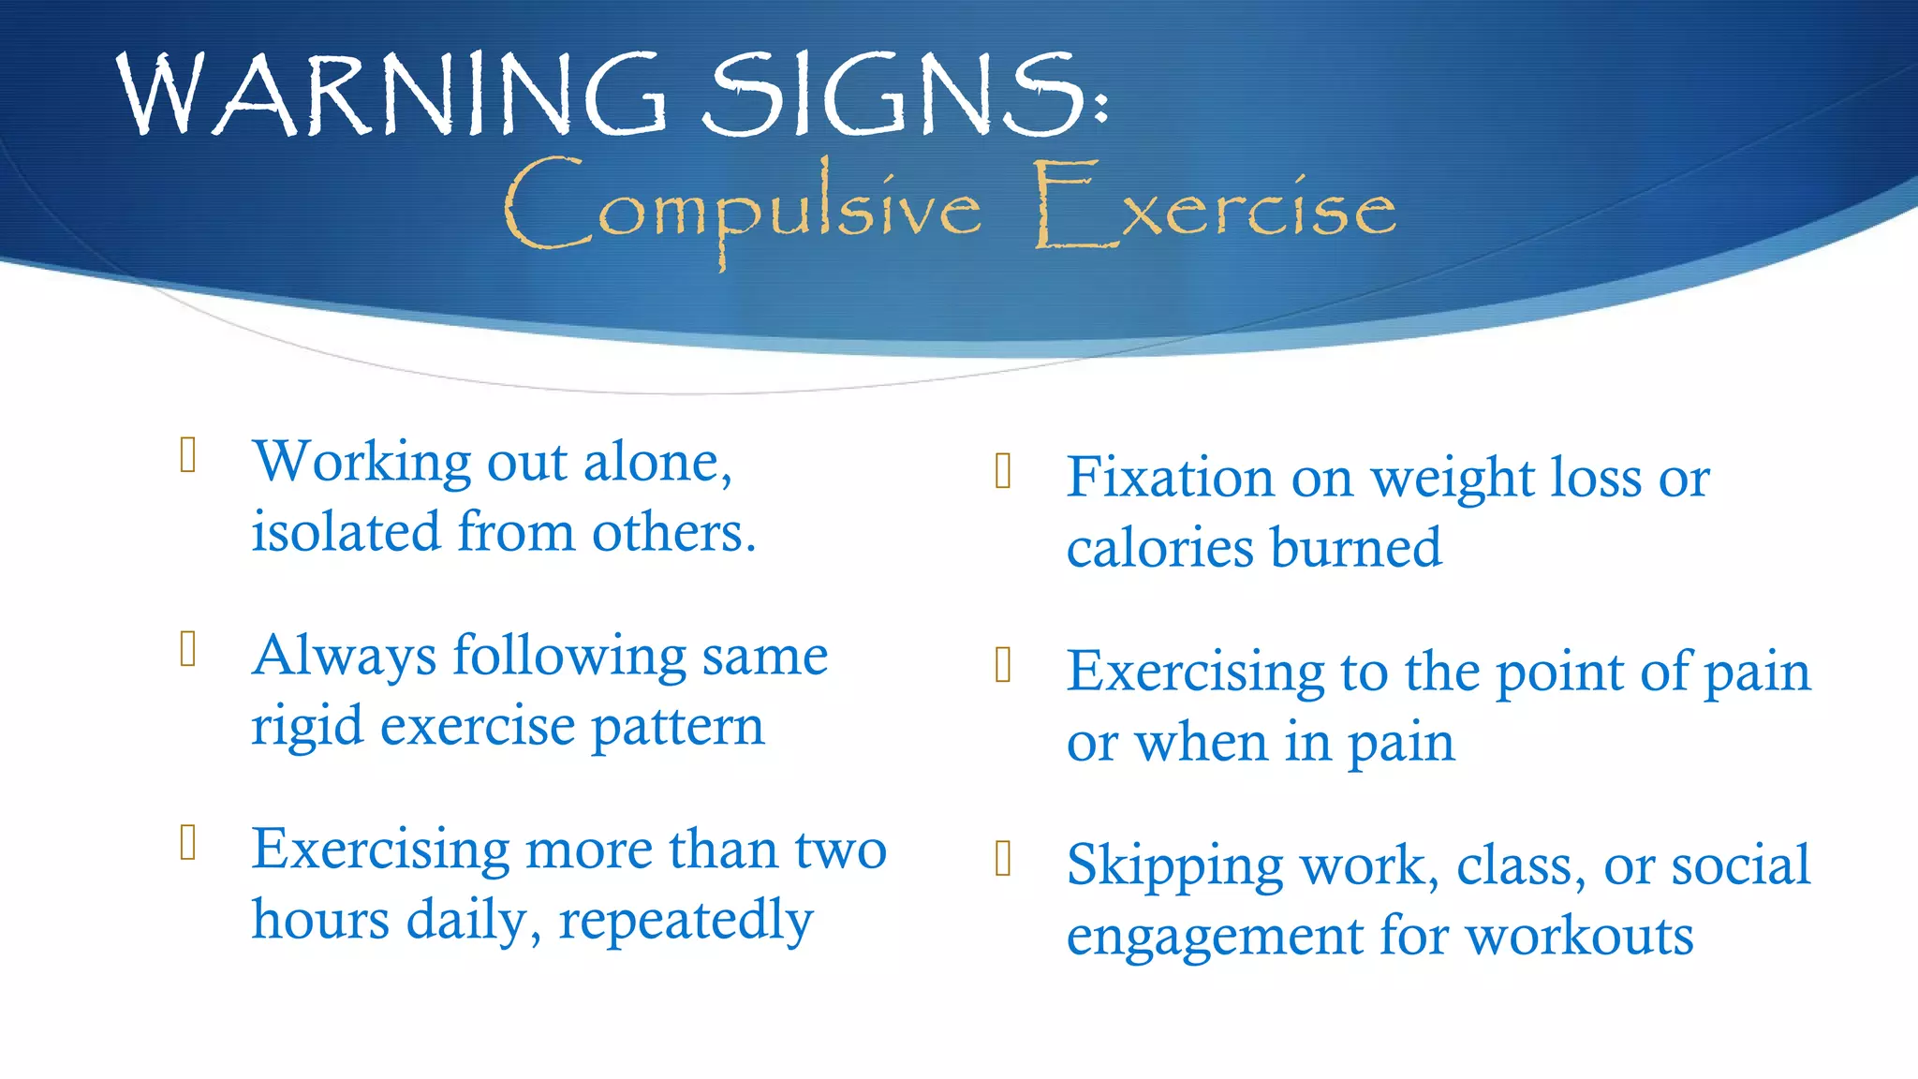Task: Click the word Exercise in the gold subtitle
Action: coord(1215,208)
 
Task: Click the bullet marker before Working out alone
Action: coord(188,455)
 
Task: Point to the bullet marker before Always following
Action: coord(188,648)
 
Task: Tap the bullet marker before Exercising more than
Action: coord(188,842)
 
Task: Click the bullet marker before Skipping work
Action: coord(1003,858)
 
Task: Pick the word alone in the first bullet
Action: coord(657,463)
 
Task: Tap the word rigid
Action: coord(306,727)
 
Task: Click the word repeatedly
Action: coord(686,921)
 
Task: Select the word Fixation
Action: coord(1170,478)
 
